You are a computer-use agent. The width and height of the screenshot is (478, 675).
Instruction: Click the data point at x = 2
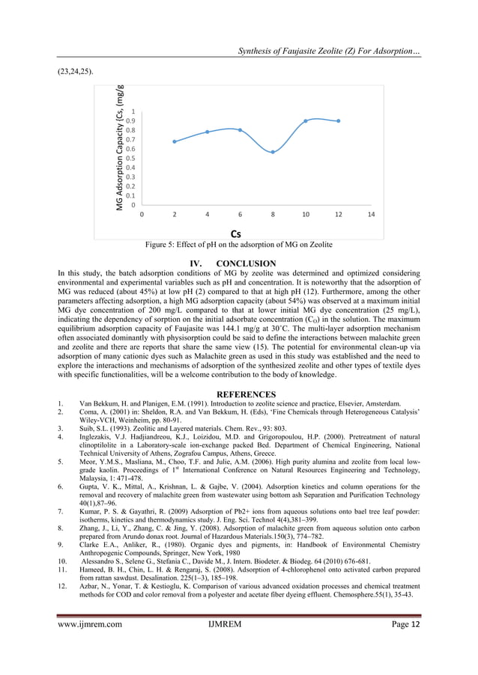[x=175, y=141]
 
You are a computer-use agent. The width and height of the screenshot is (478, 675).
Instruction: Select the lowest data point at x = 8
[x=273, y=152]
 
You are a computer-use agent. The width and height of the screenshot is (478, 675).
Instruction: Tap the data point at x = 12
[x=339, y=121]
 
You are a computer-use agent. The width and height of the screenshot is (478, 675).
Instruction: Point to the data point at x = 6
[x=240, y=130]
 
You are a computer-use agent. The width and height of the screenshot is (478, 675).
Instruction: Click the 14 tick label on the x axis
[x=371, y=215]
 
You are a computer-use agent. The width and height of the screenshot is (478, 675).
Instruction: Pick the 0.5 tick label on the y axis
[x=131, y=159]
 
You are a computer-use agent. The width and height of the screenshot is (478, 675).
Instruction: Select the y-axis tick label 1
[x=133, y=112]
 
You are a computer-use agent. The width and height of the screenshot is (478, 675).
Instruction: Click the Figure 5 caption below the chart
[x=239, y=245]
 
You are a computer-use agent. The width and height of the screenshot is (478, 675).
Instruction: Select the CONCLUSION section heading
[x=238, y=263]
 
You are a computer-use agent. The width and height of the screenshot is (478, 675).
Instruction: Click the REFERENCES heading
[x=238, y=394]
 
